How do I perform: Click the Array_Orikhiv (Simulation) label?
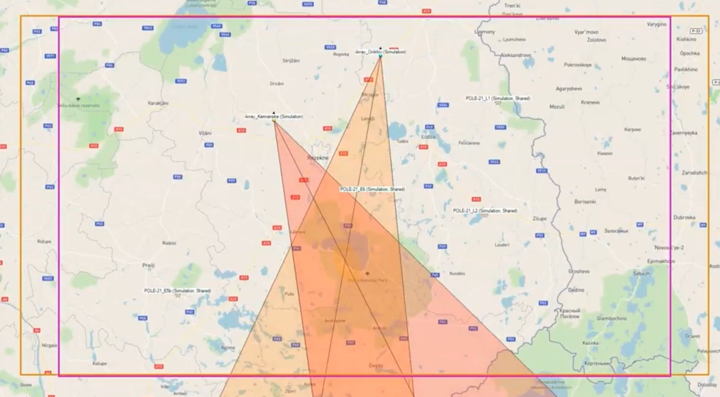(x=381, y=52)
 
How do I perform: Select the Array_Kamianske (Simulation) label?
(x=274, y=116)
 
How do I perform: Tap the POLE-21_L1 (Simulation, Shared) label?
(x=498, y=98)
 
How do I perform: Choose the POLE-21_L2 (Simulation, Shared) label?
(x=485, y=211)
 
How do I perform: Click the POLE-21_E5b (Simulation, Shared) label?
(x=177, y=291)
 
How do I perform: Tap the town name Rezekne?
(x=318, y=157)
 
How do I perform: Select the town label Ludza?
(x=428, y=137)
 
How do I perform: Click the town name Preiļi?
(x=148, y=265)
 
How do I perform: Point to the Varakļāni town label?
(x=158, y=103)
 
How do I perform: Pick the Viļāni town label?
(x=205, y=133)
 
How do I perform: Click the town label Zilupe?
(x=540, y=219)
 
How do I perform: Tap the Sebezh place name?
(x=641, y=274)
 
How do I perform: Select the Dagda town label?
(x=376, y=365)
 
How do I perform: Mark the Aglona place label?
(x=228, y=347)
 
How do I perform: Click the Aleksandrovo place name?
(x=516, y=54)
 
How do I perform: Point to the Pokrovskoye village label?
(x=578, y=65)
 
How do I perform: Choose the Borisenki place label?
(x=585, y=202)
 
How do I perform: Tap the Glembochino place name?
(x=612, y=319)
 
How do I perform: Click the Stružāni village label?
(x=291, y=61)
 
